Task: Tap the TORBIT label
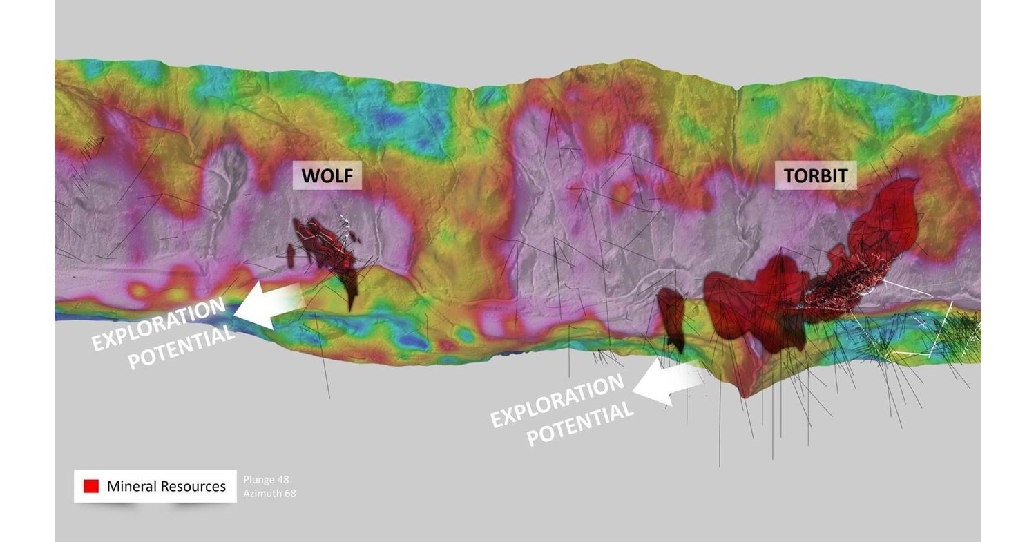815,176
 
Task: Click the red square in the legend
91,486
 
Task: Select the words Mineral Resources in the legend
166,486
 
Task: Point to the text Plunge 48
266,480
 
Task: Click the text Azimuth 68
269,494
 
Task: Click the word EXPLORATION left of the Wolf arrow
159,325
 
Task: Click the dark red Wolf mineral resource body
332,252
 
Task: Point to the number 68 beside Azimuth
289,494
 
